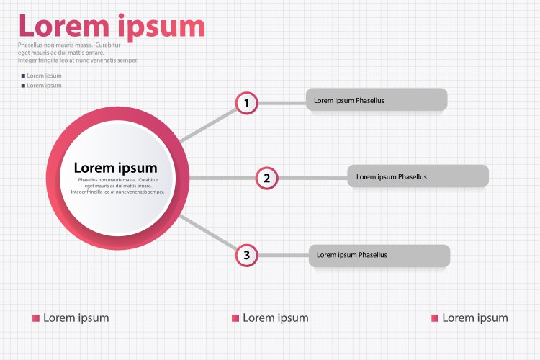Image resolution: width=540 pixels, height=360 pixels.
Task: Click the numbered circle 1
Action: point(246,103)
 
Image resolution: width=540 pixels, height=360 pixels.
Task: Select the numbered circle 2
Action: point(266,177)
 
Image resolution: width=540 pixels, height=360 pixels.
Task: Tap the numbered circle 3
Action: point(246,255)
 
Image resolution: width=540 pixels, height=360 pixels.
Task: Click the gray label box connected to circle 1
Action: point(377,99)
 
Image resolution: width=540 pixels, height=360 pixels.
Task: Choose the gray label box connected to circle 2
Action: point(418,176)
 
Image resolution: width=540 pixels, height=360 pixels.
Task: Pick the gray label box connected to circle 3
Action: point(379,255)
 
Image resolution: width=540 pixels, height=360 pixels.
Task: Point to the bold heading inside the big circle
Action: point(115,168)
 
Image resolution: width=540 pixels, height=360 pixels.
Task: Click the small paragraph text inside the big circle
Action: point(117,186)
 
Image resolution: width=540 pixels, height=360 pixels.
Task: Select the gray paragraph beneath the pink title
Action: point(78,53)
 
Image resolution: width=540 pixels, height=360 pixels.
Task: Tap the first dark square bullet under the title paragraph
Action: point(23,76)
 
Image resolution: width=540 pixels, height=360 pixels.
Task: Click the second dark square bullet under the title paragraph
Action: point(23,86)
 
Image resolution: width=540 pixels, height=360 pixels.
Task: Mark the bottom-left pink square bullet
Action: point(35,318)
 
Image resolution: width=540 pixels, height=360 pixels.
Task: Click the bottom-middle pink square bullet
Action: point(235,318)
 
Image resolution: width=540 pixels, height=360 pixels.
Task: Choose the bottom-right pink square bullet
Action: point(434,318)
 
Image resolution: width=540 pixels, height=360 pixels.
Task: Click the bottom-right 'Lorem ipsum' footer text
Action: point(474,318)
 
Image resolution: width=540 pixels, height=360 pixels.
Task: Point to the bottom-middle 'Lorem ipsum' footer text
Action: point(275,318)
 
